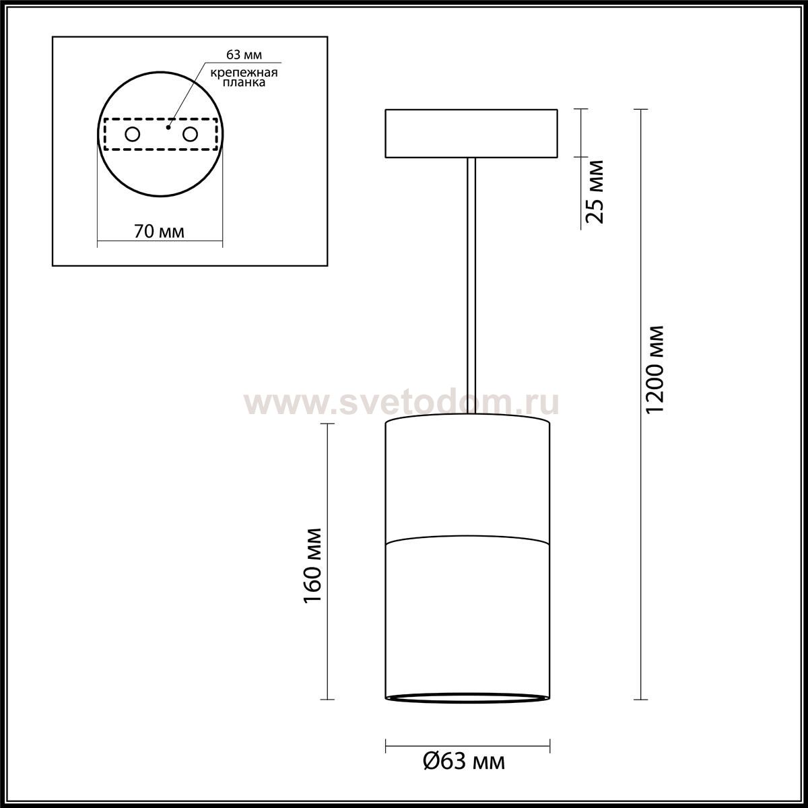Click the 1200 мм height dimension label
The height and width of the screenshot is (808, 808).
tap(655, 370)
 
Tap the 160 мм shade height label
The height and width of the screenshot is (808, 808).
tap(312, 565)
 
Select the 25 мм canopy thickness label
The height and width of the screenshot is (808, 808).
tap(595, 192)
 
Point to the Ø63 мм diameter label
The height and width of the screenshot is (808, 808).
tap(464, 762)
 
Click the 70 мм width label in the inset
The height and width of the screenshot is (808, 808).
tap(160, 232)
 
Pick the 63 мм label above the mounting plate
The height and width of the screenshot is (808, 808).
tap(244, 55)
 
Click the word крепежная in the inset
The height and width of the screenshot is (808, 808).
tap(244, 73)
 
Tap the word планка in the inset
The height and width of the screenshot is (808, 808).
tap(244, 82)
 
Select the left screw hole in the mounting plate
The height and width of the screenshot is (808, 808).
tap(133, 135)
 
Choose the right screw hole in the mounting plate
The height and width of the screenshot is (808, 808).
tap(190, 135)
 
